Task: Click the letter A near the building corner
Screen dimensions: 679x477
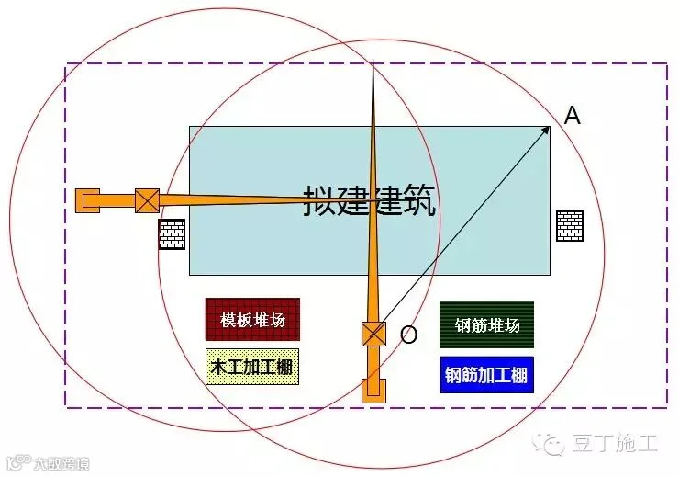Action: [x=572, y=116]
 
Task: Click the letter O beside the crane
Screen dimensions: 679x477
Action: [x=408, y=335]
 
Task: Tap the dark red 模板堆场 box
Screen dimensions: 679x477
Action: [x=252, y=320]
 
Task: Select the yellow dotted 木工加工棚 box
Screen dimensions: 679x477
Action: [x=252, y=367]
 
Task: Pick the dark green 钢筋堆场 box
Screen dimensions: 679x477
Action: [x=486, y=324]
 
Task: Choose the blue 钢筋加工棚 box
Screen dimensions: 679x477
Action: [x=486, y=375]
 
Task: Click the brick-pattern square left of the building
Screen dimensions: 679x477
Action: [x=172, y=234]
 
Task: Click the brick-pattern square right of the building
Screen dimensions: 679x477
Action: [x=570, y=226]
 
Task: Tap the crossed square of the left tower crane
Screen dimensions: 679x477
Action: [x=147, y=200]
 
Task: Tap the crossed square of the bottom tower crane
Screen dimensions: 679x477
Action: [x=373, y=334]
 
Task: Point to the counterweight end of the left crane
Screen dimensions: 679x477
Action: [x=87, y=200]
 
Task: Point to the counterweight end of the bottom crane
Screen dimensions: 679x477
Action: [x=373, y=391]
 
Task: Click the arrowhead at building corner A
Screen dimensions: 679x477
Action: [x=547, y=129]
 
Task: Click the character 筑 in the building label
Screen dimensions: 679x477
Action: [x=418, y=200]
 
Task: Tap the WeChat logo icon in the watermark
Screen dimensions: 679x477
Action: [x=549, y=444]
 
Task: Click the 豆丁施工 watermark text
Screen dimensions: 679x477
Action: [x=616, y=443]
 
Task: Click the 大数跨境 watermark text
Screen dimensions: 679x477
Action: [x=61, y=464]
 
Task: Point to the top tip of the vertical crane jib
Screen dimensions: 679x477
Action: [x=373, y=60]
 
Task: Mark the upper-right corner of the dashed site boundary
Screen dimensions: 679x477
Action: [x=666, y=63]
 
